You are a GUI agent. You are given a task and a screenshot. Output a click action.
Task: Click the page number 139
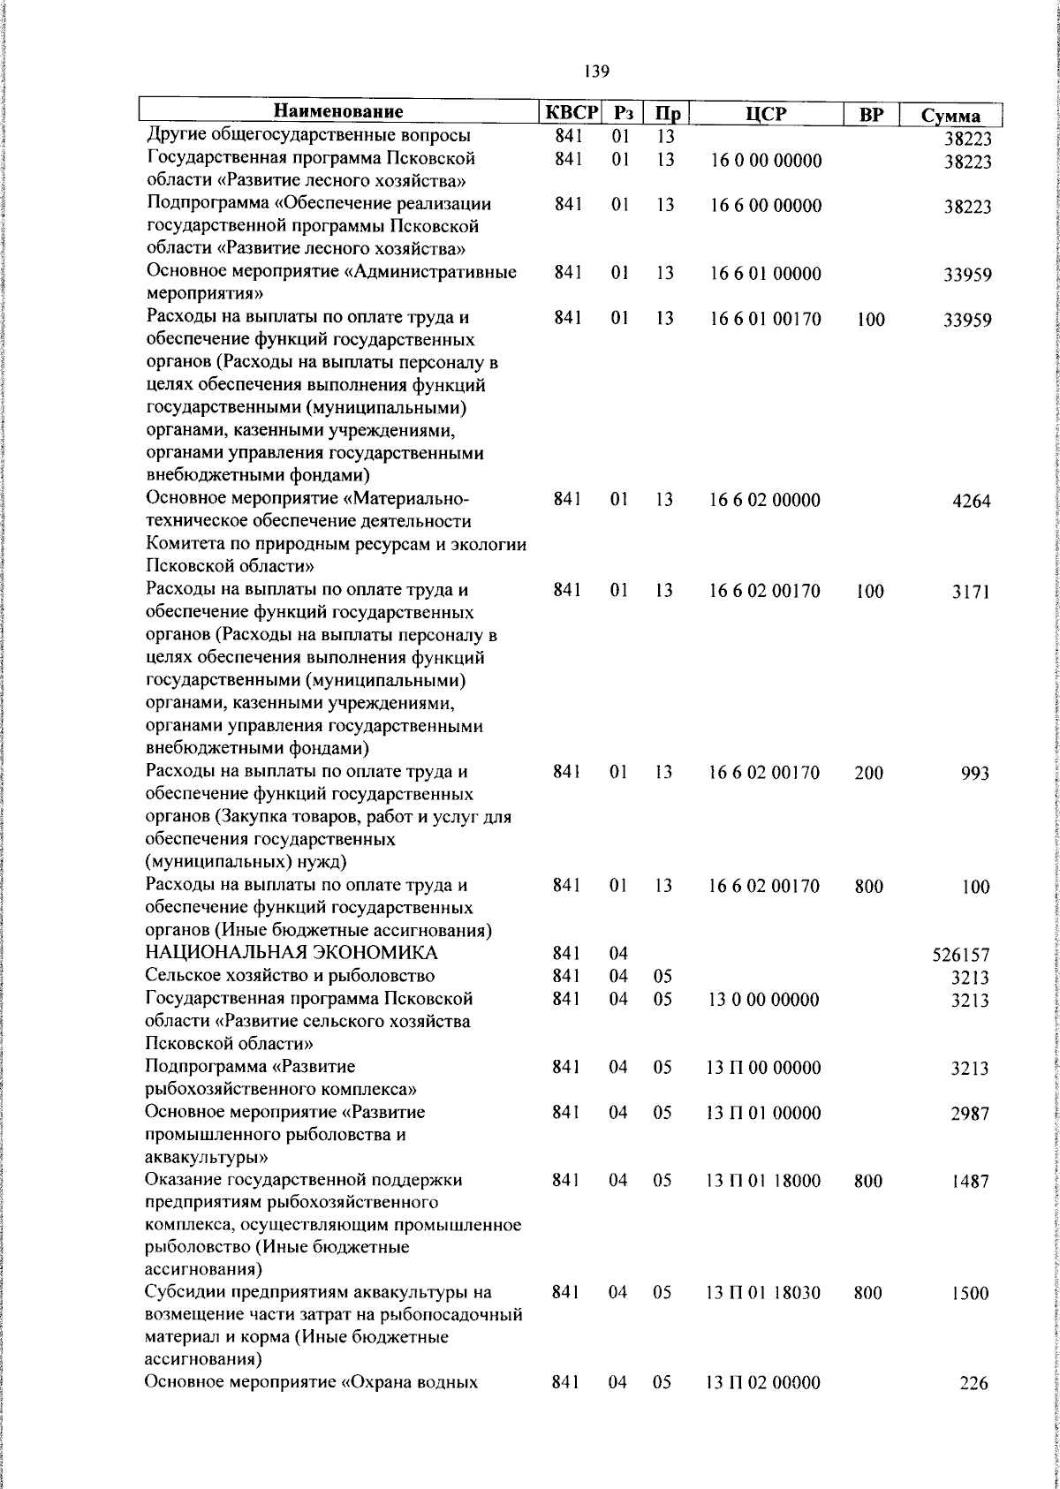(x=596, y=72)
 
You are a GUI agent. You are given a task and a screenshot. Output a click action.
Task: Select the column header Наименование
(x=338, y=112)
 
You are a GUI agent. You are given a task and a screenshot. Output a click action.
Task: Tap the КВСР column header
(x=571, y=113)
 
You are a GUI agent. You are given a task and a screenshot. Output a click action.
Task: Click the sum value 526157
(x=961, y=956)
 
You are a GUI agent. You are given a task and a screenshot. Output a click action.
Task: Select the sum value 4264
(x=972, y=502)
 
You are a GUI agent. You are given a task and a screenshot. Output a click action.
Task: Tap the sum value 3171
(x=972, y=592)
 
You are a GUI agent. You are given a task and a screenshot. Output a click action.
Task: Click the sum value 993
(x=975, y=775)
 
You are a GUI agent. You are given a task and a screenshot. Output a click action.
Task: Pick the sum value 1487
(x=971, y=1182)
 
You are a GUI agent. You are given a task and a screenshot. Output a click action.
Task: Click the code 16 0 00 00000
(x=766, y=161)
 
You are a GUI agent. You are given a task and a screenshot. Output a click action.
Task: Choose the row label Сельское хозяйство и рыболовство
(x=290, y=976)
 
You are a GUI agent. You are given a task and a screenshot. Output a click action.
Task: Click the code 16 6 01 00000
(x=766, y=274)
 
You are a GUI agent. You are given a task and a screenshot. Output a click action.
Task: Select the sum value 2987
(x=971, y=1114)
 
